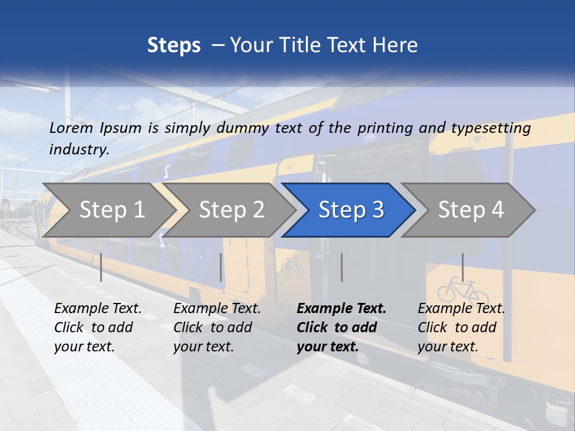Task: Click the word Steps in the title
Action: [x=174, y=45]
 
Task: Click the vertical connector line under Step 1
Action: [x=101, y=267]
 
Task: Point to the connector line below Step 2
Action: [x=221, y=267]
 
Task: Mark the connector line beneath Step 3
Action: [x=342, y=267]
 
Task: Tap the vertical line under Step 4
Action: [x=462, y=267]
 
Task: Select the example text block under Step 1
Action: [x=98, y=327]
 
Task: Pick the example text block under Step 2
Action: [x=217, y=327]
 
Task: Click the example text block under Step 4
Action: [x=461, y=327]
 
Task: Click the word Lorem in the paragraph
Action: [x=71, y=128]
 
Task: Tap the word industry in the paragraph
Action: [x=78, y=149]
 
